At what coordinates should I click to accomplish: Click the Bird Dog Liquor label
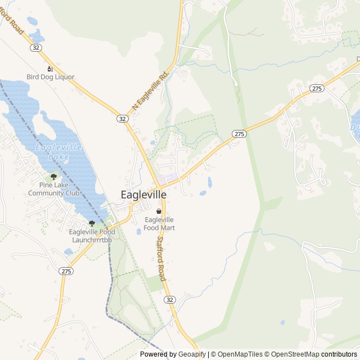50,76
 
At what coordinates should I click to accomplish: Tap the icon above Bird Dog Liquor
50,69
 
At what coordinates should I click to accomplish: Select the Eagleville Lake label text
58,151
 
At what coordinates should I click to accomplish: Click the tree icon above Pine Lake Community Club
53,176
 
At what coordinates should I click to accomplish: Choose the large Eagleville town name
143,194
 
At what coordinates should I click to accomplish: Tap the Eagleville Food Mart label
159,223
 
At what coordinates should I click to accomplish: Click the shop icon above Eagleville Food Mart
159,211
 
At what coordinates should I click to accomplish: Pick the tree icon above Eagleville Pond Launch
92,223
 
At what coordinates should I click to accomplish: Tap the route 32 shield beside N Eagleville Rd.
122,119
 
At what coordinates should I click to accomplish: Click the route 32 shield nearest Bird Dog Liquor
36,48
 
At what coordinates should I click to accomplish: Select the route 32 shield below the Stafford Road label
170,300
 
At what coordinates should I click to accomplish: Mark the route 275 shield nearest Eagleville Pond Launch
66,271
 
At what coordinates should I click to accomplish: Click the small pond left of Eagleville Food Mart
138,231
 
